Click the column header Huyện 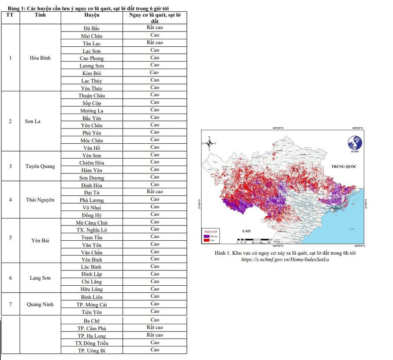point(92,15)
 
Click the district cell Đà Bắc point(92,28)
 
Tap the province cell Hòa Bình point(40,58)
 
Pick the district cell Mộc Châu point(92,140)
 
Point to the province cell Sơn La point(32,121)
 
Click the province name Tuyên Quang point(40,166)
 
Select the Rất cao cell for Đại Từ point(155,192)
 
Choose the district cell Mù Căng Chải point(92,222)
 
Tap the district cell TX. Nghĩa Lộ point(92,230)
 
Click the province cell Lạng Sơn point(40,278)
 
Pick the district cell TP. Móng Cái point(92,305)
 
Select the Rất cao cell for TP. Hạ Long point(155,335)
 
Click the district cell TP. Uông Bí point(92,350)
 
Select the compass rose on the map point(209,143)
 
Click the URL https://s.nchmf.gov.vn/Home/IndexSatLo point(285,260)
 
